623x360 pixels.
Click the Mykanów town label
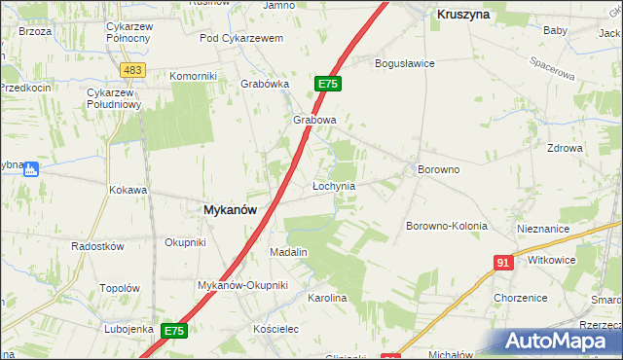[230, 209]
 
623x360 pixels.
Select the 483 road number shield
[134, 70]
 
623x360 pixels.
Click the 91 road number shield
[503, 263]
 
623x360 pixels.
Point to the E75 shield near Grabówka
[327, 85]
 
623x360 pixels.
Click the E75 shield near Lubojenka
[173, 331]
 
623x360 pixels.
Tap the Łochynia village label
[333, 185]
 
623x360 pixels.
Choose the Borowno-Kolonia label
[446, 226]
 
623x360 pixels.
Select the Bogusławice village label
[405, 63]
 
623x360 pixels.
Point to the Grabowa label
[314, 121]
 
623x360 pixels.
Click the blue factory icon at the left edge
[30, 168]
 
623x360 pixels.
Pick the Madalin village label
[288, 252]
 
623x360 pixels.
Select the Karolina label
[327, 298]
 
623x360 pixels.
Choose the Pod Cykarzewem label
[240, 38]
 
